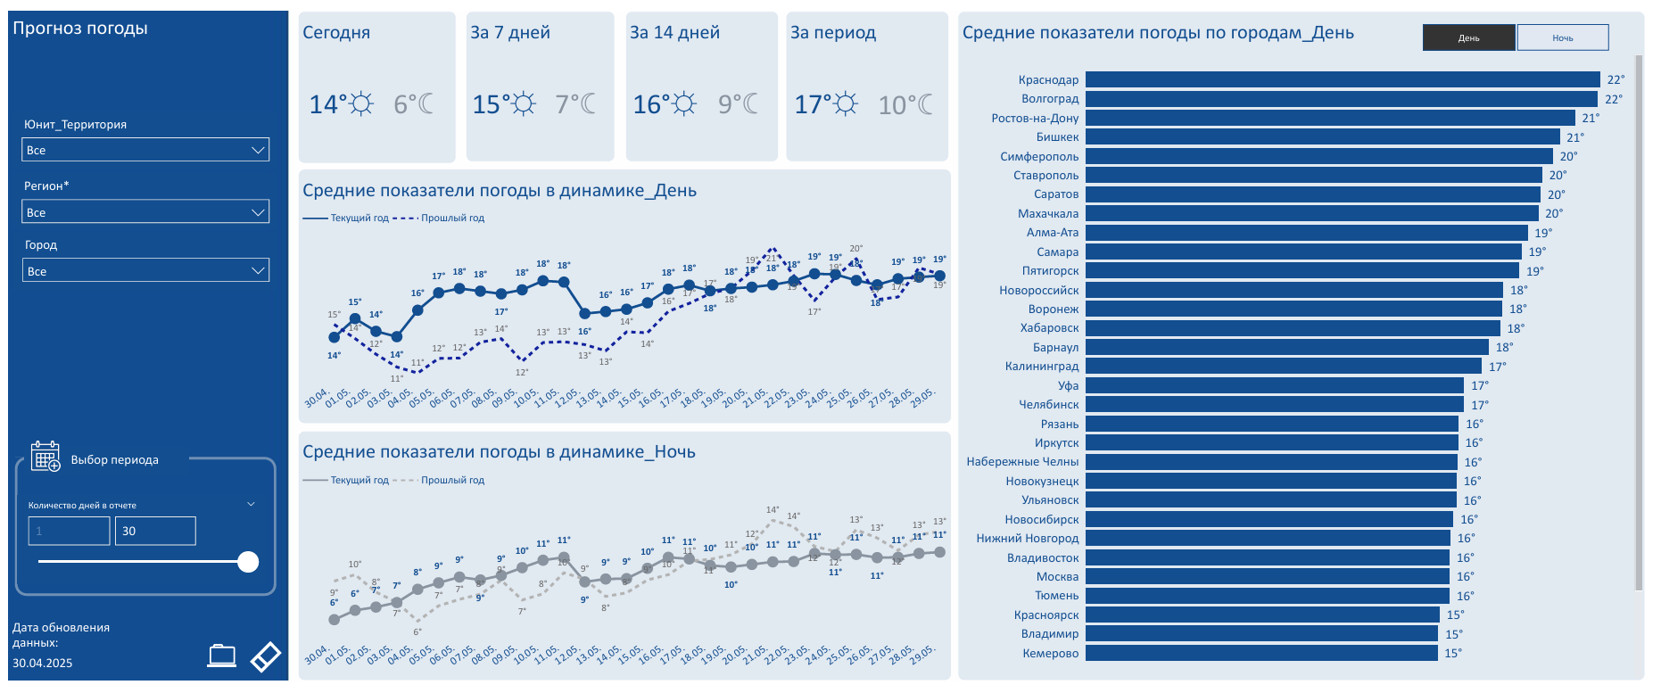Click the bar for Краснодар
1343,79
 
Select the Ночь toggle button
1562,37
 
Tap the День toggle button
1468,37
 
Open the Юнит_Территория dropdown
145,150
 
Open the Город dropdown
145,271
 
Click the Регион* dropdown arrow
258,212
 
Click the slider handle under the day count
248,562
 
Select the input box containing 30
155,531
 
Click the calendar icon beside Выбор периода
45,456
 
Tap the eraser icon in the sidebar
266,656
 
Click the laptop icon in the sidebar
221,656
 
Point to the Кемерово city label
1050,654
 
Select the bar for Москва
1268,577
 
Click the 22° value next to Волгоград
1613,99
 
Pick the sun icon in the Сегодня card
361,104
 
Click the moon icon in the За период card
925,104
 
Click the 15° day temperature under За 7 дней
492,105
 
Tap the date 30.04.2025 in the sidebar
43,663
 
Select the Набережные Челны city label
1022,462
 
